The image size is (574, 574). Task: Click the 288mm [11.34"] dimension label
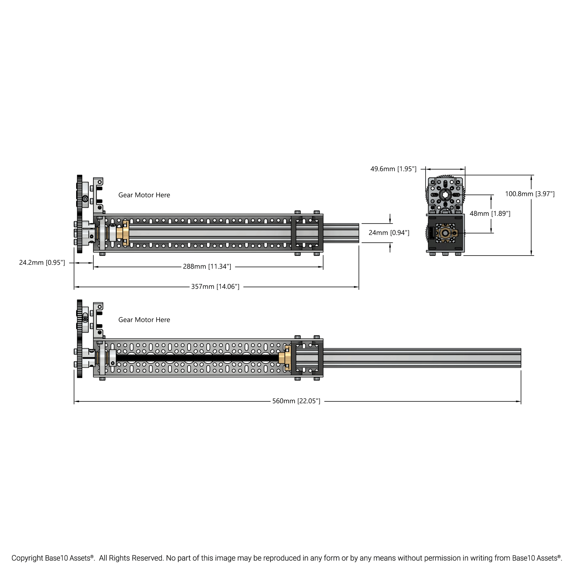(x=207, y=266)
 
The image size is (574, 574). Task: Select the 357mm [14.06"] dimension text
(x=215, y=287)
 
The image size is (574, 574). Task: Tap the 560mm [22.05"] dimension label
(x=296, y=401)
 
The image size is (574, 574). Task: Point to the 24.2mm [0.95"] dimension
(x=42, y=263)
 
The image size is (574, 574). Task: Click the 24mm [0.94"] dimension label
(x=389, y=233)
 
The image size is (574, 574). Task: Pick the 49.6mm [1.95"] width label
(x=393, y=169)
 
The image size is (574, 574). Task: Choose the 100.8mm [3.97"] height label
(x=530, y=194)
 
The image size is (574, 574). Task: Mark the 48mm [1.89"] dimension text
(x=490, y=214)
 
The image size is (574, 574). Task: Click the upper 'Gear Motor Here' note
(x=144, y=195)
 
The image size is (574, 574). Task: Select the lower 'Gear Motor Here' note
(x=144, y=320)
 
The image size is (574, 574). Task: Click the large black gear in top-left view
(x=79, y=214)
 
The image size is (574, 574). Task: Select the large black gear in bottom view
(x=79, y=339)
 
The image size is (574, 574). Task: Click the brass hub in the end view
(x=445, y=233)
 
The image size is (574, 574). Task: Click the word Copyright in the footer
(x=27, y=558)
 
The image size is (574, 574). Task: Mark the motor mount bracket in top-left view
(x=98, y=195)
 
